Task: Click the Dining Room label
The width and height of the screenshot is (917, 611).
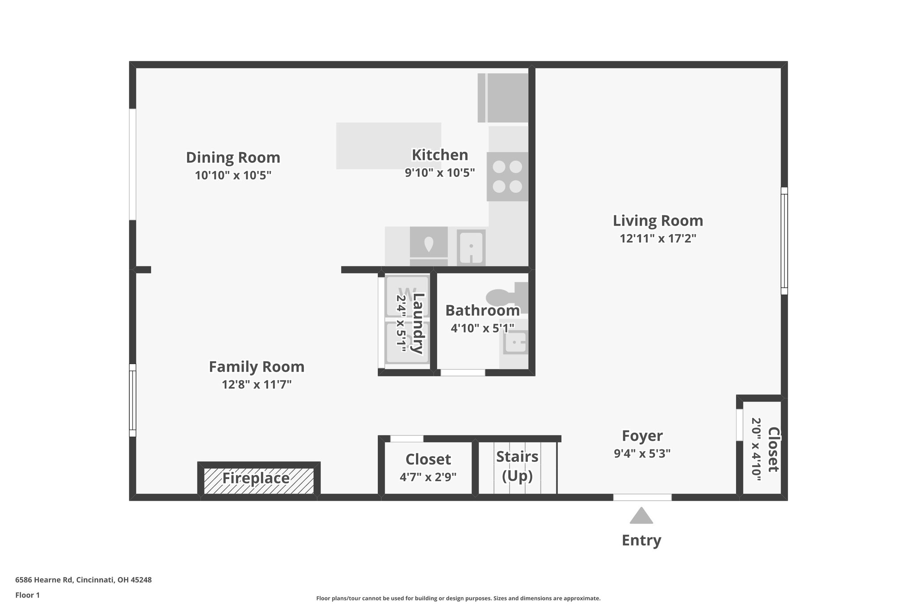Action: [233, 158]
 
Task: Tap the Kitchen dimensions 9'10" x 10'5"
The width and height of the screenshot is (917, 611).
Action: [440, 173]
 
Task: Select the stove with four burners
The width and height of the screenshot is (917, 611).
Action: [507, 176]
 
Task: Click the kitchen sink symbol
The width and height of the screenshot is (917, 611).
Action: [471, 248]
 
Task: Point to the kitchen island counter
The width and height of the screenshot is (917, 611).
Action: [388, 146]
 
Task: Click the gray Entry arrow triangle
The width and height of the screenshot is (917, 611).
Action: [641, 516]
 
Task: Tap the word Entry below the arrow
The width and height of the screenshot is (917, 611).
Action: [641, 540]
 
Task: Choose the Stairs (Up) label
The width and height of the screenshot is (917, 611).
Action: [517, 466]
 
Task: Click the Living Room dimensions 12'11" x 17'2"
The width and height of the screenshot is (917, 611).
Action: [658, 239]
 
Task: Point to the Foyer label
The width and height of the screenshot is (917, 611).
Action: [642, 436]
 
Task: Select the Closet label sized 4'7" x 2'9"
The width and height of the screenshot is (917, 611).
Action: [428, 460]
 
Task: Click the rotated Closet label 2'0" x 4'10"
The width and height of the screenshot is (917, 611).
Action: [773, 449]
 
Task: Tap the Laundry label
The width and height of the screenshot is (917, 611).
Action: [418, 324]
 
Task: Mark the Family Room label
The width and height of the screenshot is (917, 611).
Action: [257, 367]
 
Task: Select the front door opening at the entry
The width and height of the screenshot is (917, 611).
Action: [642, 497]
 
